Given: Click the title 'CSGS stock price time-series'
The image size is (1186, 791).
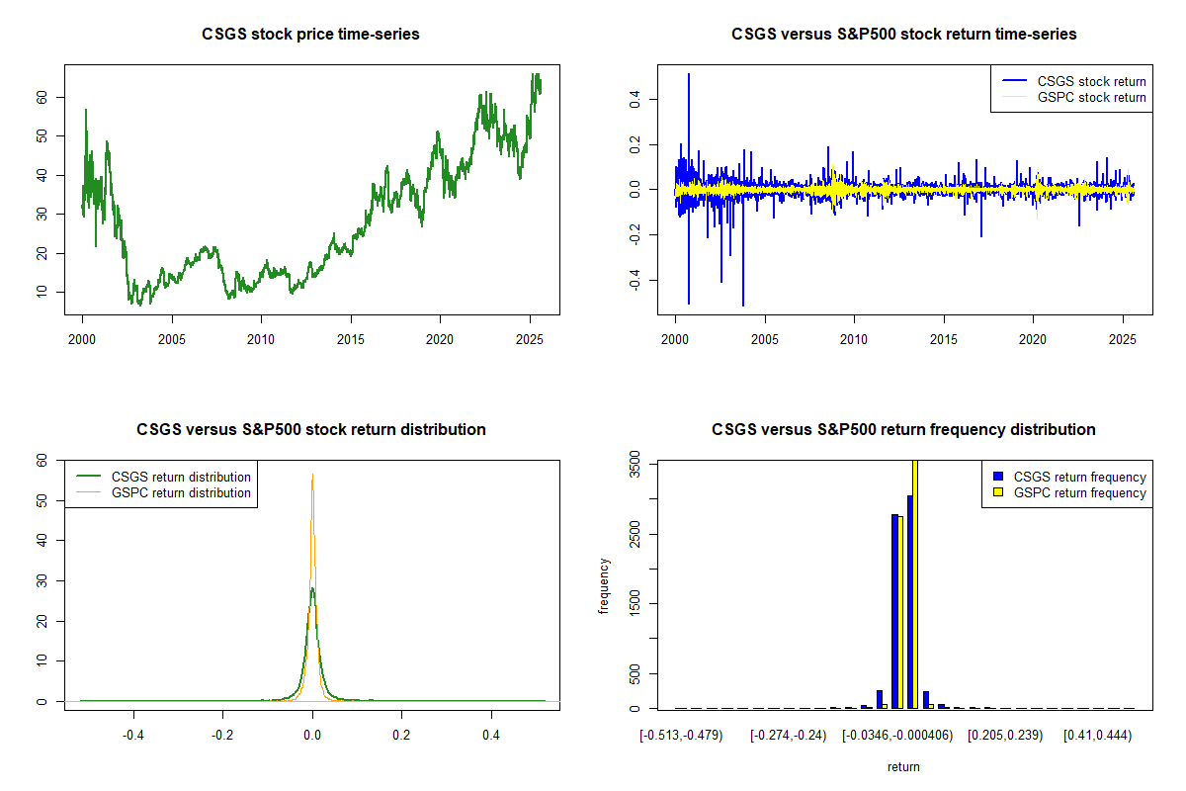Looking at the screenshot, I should coord(311,35).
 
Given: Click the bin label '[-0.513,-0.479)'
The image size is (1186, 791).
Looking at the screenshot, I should coord(681,736).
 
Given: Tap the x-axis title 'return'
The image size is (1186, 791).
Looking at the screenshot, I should coord(903,766).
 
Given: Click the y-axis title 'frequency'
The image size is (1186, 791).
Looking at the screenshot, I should coord(605,586).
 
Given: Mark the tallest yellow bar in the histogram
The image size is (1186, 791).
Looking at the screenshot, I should coord(915,583).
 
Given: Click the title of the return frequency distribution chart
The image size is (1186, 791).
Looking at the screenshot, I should coord(903,430).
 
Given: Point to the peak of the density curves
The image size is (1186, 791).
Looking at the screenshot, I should coord(312,476).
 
